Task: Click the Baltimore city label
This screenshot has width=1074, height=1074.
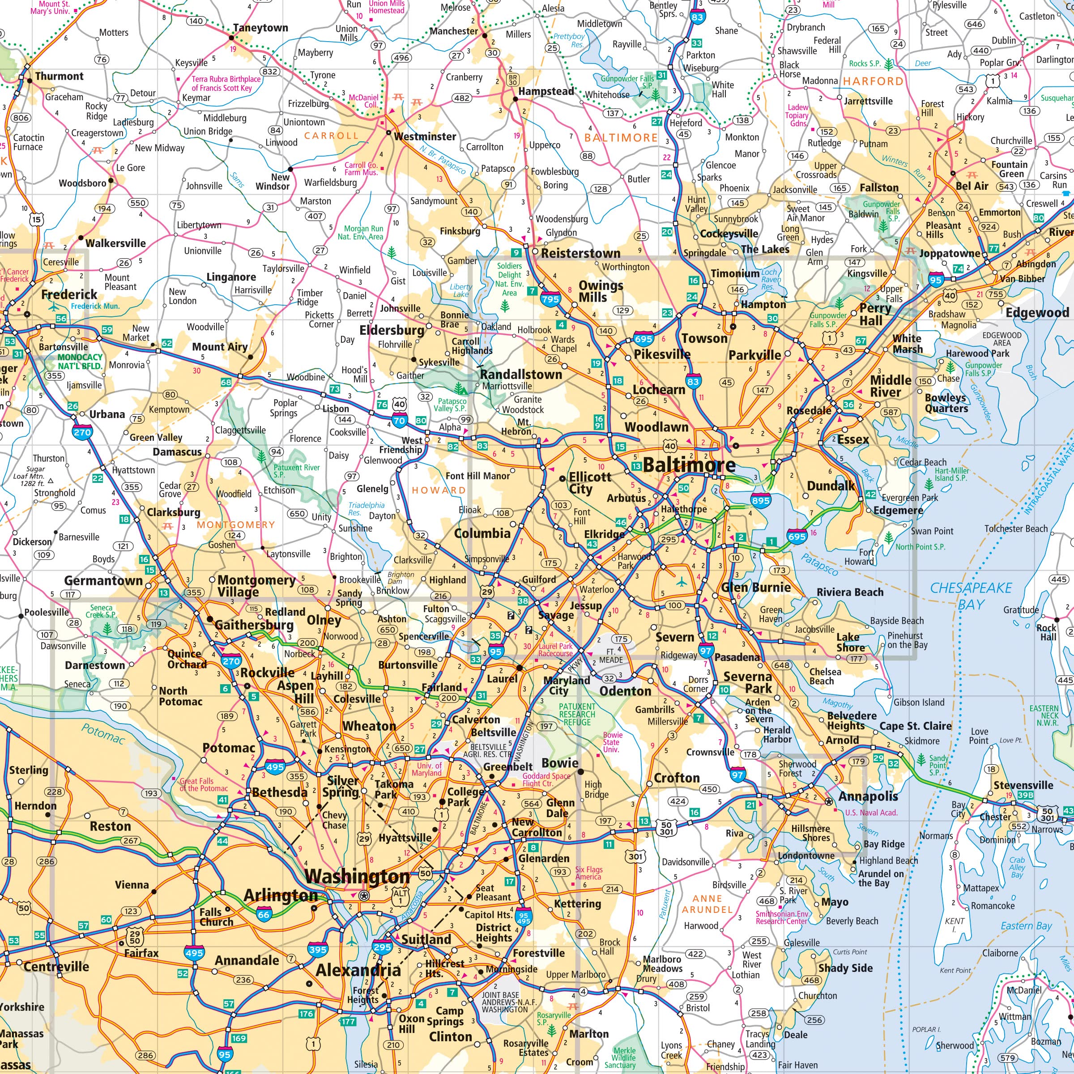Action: click(x=689, y=465)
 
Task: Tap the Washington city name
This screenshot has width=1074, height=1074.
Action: click(x=357, y=877)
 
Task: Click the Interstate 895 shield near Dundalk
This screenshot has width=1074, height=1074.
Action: click(x=760, y=500)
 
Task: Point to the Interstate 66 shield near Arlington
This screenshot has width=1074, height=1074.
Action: click(x=264, y=914)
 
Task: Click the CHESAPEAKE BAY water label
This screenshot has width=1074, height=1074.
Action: click(x=971, y=596)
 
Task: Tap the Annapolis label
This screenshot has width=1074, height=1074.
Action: click(x=868, y=796)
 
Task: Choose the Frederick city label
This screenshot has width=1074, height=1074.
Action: click(x=69, y=294)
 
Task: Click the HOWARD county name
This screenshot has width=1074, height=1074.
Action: click(x=438, y=490)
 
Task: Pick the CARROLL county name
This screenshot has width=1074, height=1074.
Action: click(x=331, y=135)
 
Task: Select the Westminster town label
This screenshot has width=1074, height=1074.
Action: click(x=425, y=136)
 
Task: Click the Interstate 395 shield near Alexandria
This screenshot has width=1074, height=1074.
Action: click(x=317, y=950)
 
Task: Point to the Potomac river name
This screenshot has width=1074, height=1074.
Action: click(x=103, y=734)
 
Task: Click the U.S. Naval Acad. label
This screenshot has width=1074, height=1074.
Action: click(x=871, y=812)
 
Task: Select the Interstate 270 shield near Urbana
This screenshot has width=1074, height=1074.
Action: click(x=82, y=432)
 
